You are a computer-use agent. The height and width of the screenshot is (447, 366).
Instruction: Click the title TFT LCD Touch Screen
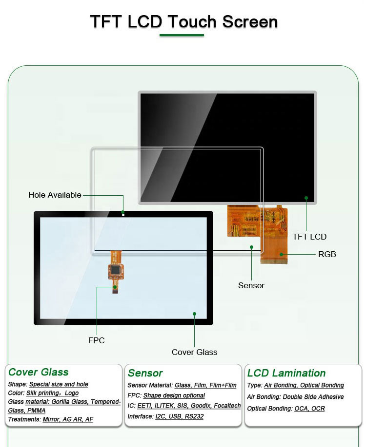[x=183, y=22]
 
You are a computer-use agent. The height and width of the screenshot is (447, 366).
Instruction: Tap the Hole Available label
[x=55, y=195]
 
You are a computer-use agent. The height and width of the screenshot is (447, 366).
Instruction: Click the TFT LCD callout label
[x=309, y=237]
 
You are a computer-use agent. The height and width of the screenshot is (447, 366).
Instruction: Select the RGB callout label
[x=327, y=254]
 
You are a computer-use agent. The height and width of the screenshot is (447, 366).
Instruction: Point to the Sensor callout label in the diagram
[x=251, y=285]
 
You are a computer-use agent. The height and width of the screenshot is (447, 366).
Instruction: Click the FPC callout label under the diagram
[x=96, y=340]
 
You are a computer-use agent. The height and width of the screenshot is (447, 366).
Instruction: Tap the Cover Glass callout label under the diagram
[x=194, y=352]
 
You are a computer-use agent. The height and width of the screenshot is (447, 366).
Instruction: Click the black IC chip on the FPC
[x=115, y=269]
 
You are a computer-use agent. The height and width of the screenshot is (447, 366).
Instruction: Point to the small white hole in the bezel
[x=123, y=214]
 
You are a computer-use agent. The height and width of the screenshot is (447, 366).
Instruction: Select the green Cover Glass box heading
[x=39, y=372]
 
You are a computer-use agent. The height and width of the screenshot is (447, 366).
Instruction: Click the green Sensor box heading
[x=145, y=373]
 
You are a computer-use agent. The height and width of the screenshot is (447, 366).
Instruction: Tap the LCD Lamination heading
[x=286, y=373]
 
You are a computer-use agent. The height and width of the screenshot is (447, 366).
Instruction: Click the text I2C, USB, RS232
[x=179, y=416]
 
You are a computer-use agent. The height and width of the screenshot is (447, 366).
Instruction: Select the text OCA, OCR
[x=309, y=409]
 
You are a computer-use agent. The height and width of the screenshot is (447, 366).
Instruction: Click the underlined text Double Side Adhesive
[x=313, y=397]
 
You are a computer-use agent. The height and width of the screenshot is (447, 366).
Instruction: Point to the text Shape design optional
[x=174, y=395]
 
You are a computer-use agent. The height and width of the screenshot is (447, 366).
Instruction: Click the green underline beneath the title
[x=182, y=35]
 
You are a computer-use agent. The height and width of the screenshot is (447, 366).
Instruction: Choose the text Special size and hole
[x=59, y=384]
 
